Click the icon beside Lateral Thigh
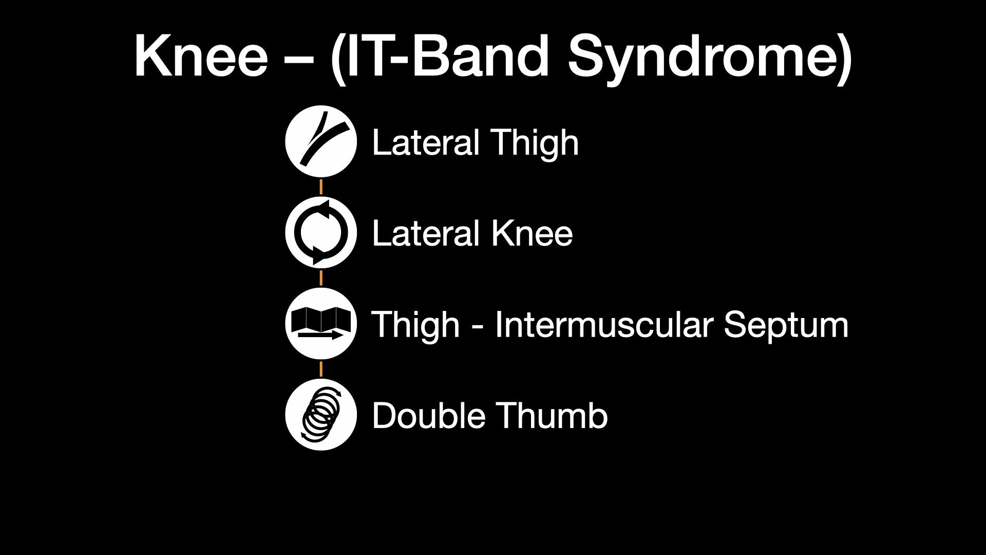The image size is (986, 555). point(321,141)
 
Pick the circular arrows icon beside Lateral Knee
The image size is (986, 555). point(321,232)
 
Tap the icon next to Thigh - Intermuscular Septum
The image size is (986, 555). point(321,323)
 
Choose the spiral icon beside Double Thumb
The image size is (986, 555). point(321,414)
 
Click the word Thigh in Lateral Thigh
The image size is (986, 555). point(534,143)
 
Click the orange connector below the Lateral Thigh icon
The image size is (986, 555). point(321,187)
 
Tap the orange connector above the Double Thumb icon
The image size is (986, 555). point(321,369)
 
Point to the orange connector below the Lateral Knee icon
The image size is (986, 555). point(321,278)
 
